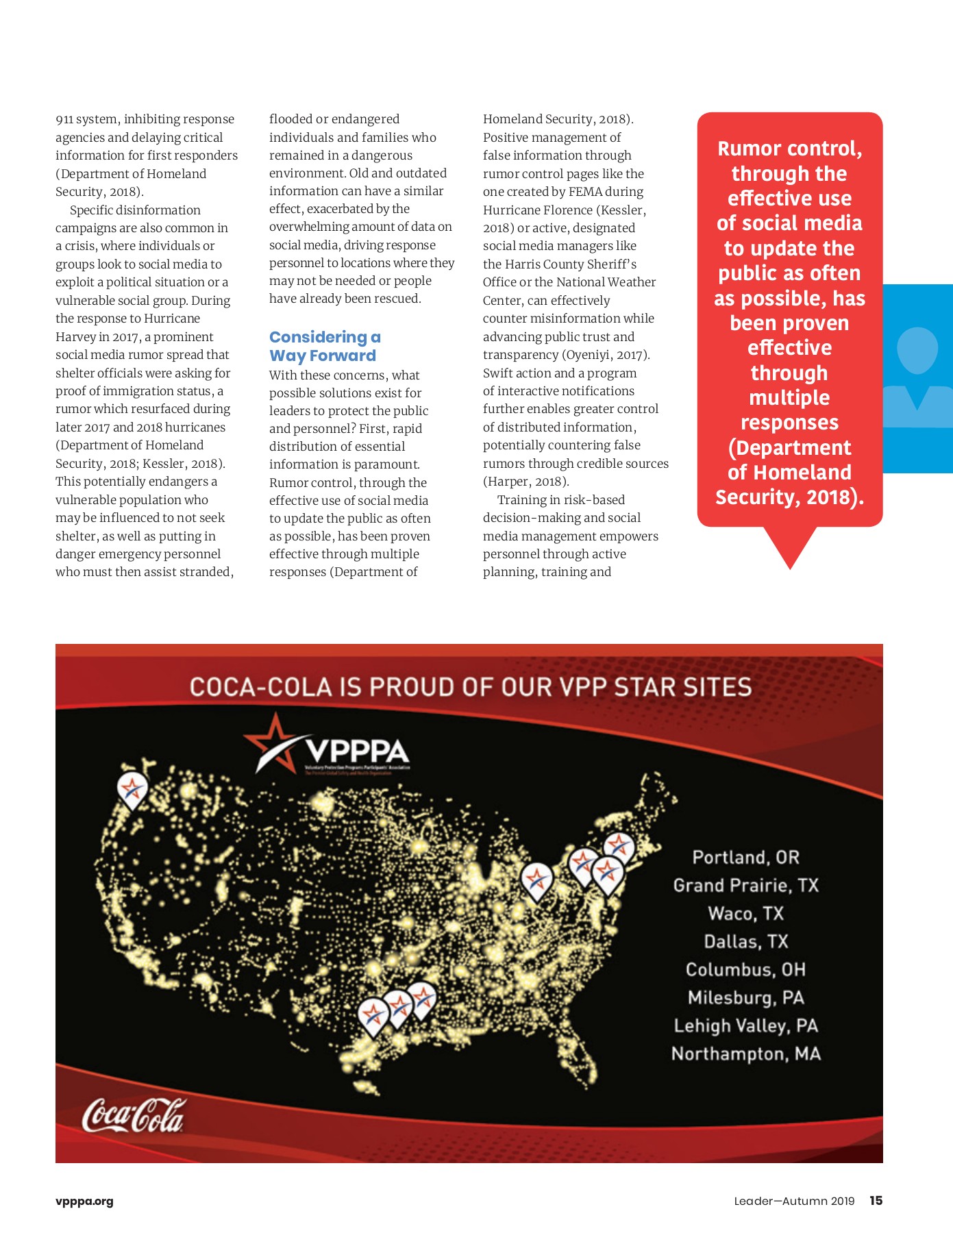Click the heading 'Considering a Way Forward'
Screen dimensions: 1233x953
click(323, 347)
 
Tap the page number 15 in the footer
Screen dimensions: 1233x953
click(876, 1200)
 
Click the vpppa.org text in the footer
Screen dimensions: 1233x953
click(84, 1201)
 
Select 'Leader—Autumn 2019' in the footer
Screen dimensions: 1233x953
click(794, 1201)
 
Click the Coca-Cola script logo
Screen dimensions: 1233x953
click(134, 1115)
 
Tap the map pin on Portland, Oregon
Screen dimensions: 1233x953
click(132, 788)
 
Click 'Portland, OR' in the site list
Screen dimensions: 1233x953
click(745, 858)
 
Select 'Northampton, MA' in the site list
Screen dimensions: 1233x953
click(745, 1054)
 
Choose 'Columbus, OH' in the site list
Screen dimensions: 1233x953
click(745, 970)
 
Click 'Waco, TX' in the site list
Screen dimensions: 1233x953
click(745, 914)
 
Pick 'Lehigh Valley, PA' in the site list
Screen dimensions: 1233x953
click(745, 1025)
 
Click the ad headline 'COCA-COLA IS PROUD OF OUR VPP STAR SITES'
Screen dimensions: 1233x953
click(470, 687)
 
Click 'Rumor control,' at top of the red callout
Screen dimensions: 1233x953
click(789, 149)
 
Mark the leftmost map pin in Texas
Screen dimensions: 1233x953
click(373, 1016)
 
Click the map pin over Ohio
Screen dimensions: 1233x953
click(536, 880)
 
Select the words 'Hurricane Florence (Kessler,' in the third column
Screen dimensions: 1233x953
click(564, 210)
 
